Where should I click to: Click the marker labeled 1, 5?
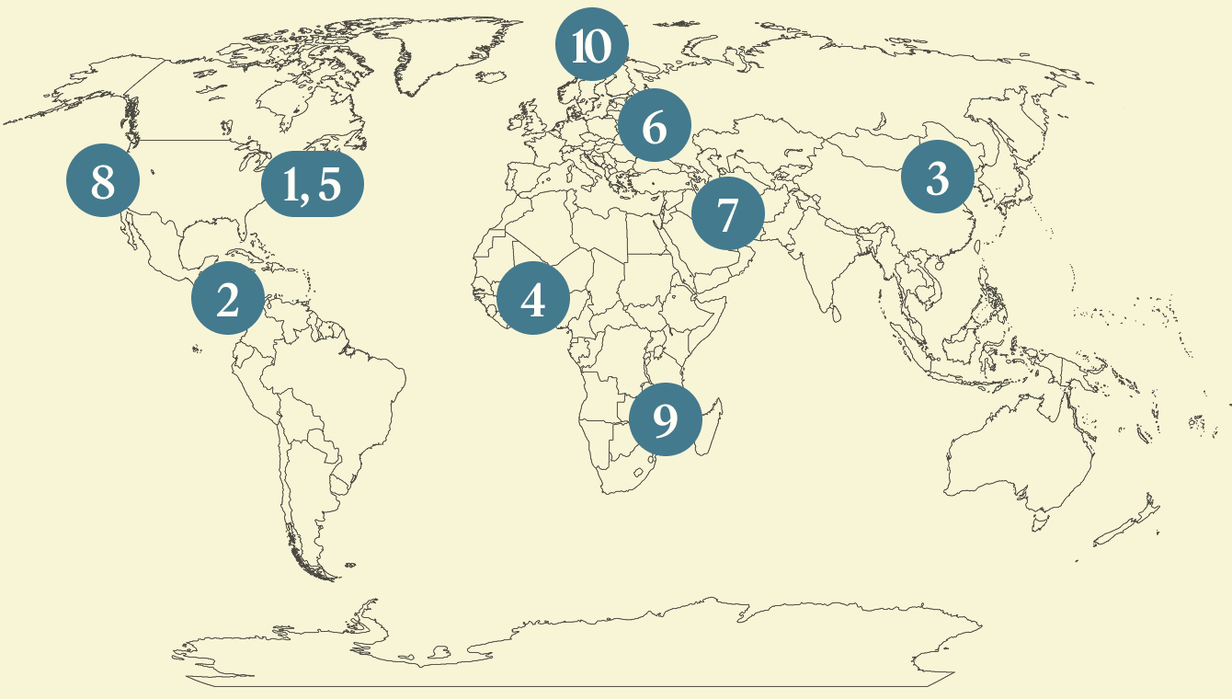313,184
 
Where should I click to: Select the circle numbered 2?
228,298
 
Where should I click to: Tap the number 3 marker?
937,178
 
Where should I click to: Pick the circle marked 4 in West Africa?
533,299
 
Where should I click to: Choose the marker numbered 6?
655,127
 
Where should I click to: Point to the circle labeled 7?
727,215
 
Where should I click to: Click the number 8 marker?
103,182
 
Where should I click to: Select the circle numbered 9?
665,418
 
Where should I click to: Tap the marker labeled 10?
592,45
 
